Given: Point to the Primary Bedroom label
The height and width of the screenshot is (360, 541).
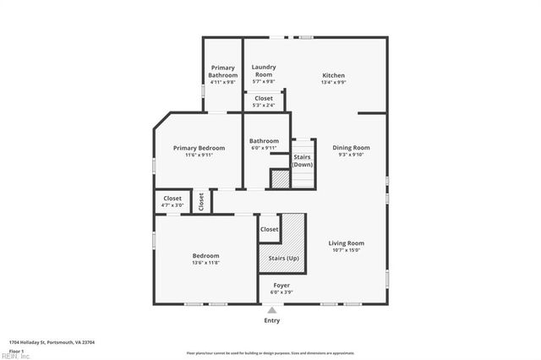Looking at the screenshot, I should click(199, 148).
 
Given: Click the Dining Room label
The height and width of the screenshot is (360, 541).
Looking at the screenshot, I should click(350, 148).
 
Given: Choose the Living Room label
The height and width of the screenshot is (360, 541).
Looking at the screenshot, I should click(347, 243).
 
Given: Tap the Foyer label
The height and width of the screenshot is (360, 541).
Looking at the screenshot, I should click(281, 286).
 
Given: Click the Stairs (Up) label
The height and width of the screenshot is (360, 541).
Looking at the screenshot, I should click(282, 257).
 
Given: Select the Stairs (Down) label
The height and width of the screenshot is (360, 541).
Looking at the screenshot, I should click(303, 161).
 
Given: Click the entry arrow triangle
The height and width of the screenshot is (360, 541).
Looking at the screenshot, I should click(271, 310).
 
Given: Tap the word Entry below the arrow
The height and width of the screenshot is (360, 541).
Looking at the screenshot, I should click(271, 320).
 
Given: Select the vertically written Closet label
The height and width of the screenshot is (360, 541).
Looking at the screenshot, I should click(201, 201).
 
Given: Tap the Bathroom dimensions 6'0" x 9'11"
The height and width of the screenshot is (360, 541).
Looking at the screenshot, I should click(264, 148).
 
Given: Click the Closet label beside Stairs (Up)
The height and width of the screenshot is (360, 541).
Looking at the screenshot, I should click(269, 229).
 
